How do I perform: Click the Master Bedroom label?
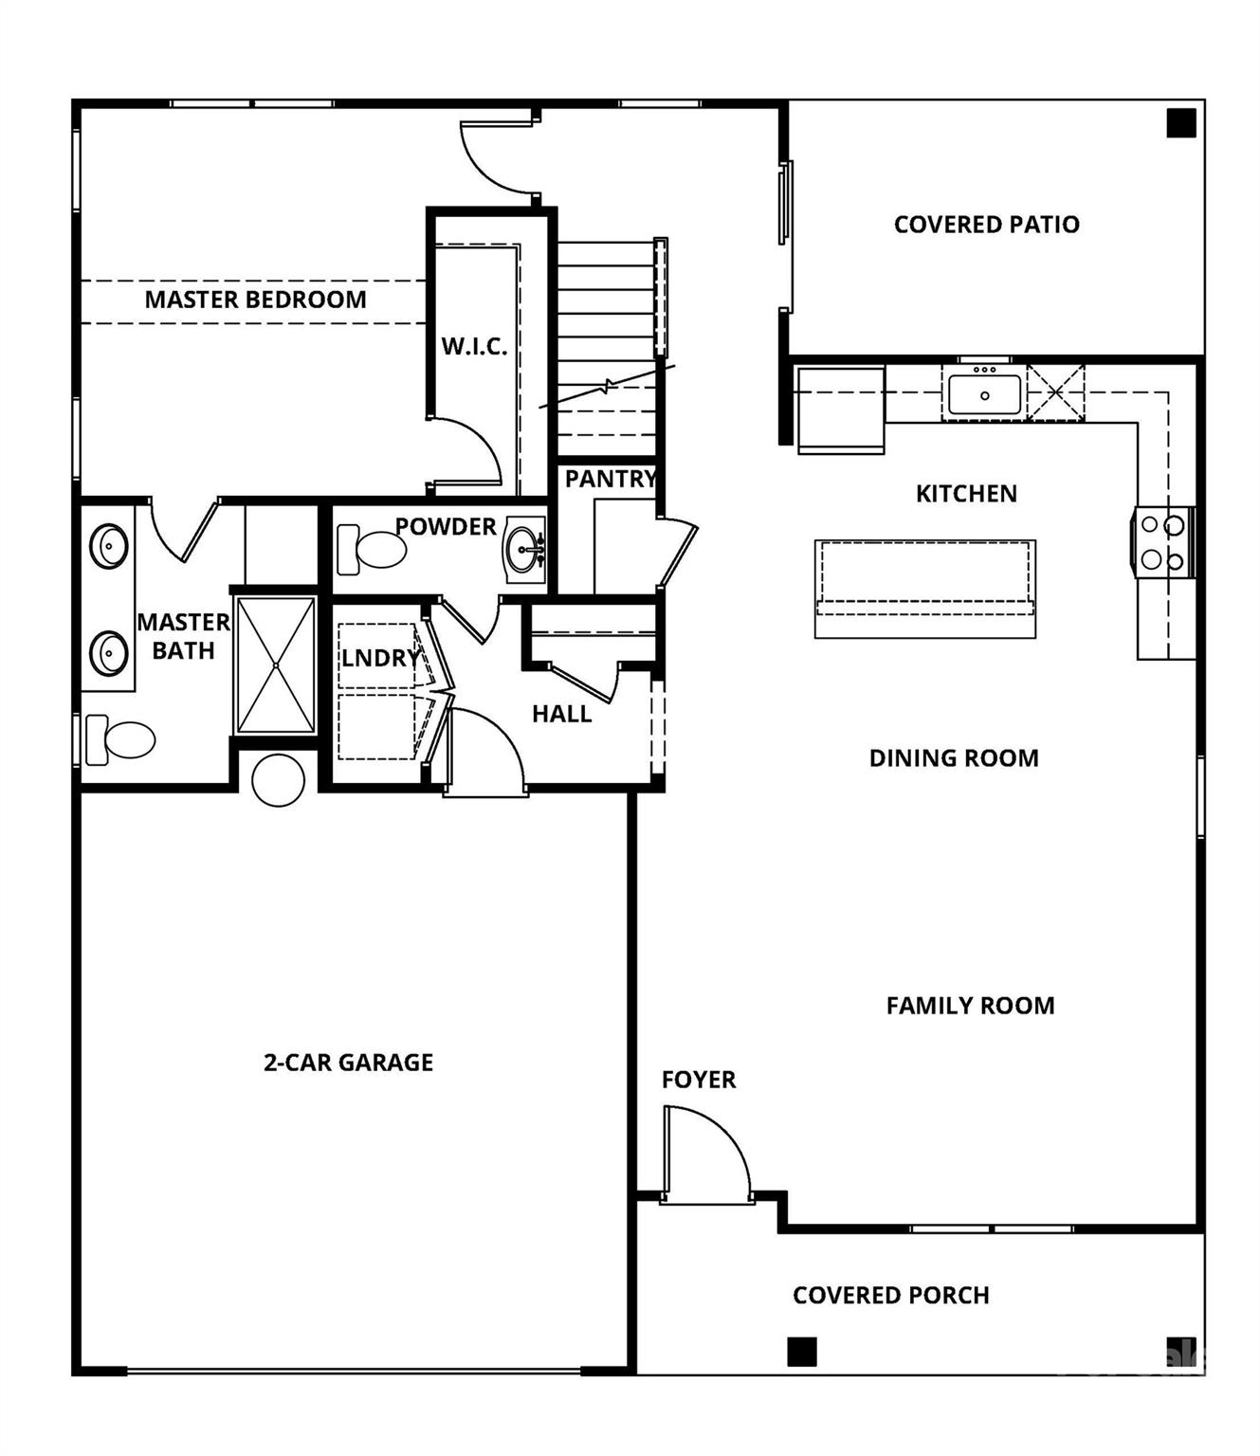tap(255, 300)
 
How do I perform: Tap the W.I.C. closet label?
tap(474, 346)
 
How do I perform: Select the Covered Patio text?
tap(986, 225)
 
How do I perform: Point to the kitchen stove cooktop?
tap(1162, 542)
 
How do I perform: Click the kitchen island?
tap(924, 589)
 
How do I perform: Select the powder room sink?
tap(524, 547)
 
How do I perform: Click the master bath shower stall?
tap(275, 664)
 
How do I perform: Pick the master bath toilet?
tap(120, 739)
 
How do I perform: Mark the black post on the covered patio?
tap(1180, 123)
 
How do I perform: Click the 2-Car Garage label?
tap(348, 1063)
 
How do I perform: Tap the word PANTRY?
tap(610, 479)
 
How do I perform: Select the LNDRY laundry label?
tap(379, 658)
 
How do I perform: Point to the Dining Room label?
tap(954, 758)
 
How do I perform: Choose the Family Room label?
tap(970, 1006)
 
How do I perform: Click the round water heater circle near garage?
tap(279, 779)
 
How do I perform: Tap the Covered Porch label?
tap(890, 1296)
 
